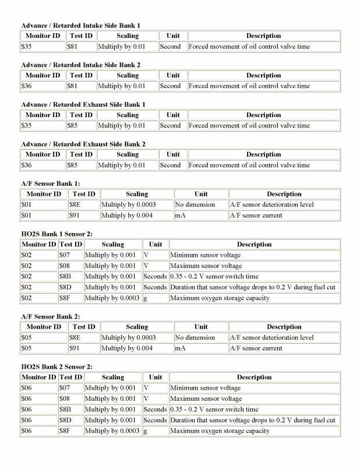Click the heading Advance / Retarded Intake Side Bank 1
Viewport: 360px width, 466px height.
coord(80,25)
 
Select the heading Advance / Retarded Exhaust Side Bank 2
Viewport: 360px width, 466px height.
coord(83,144)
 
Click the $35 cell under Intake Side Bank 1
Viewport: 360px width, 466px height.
coord(26,47)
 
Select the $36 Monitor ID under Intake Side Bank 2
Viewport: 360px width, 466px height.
coord(26,86)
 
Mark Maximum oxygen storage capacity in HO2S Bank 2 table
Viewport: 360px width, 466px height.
coord(220,431)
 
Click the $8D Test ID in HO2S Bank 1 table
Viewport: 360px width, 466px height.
coord(65,287)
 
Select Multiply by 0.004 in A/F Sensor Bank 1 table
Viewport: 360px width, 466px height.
coord(127,216)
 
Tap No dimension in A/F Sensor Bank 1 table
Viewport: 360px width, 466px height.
coord(195,205)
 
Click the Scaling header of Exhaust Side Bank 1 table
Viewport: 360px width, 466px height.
coord(127,115)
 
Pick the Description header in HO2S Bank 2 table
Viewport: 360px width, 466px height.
coord(254,377)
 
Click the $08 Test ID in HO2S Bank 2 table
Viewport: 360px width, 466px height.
coord(64,399)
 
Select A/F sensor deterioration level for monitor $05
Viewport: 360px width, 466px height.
coord(271,337)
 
